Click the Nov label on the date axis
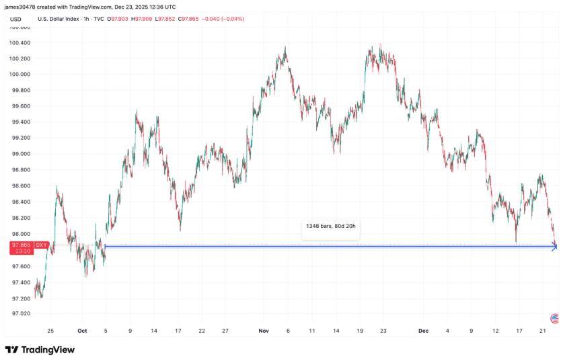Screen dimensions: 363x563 (264, 331)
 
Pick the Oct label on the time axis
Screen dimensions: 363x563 (82, 331)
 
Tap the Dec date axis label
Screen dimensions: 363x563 (423, 331)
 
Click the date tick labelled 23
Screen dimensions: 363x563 (383, 331)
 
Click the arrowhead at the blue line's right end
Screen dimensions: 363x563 (554, 247)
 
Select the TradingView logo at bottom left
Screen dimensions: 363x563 (40, 350)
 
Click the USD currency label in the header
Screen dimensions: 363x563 (16, 19)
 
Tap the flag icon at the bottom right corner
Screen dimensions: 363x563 (554, 317)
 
